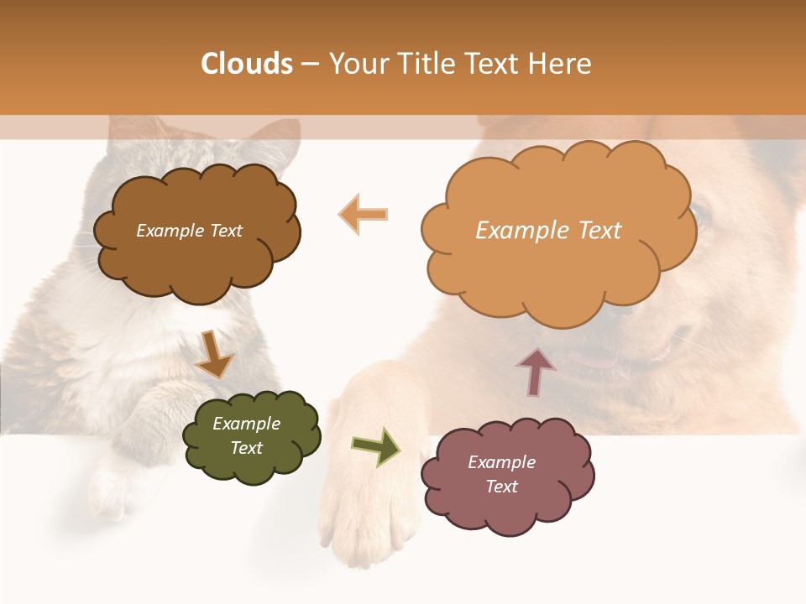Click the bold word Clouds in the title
click(x=247, y=64)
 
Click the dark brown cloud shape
click(x=197, y=260)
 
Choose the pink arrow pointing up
click(x=536, y=371)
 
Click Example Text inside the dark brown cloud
click(x=189, y=231)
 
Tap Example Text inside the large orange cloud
click(x=548, y=231)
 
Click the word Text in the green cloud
click(x=247, y=448)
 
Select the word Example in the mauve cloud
click(x=501, y=462)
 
